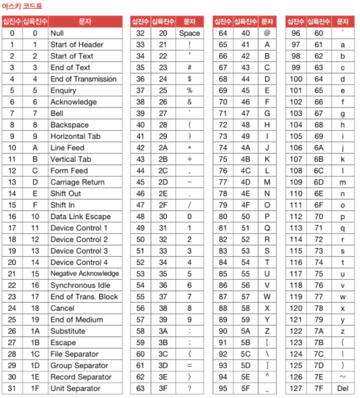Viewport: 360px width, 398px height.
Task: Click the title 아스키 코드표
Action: coord(22,6)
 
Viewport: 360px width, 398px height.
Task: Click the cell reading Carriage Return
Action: coord(77,182)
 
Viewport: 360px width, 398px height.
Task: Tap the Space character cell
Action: coord(189,33)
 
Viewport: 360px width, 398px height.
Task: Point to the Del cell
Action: coord(343,388)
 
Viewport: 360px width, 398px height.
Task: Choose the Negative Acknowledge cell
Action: coord(84,273)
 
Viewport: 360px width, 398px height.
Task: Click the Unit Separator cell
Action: coord(75,388)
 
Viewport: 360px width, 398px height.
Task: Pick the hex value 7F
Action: coord(318,388)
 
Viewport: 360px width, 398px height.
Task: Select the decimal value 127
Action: coord(296,388)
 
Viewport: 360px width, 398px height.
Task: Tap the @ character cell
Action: coord(267,33)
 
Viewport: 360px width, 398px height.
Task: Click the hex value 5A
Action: coord(246,331)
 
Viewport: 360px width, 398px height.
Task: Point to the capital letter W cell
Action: coord(267,297)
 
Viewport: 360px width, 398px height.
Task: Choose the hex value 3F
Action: coord(163,388)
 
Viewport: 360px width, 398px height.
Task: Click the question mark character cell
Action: coord(189,388)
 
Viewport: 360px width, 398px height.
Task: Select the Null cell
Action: coord(57,33)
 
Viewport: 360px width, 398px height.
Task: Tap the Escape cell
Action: coord(63,342)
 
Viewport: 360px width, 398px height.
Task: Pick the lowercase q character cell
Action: coord(343,228)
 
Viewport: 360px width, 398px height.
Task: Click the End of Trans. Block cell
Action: coord(84,297)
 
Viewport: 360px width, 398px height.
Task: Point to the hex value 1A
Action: coord(35,331)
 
